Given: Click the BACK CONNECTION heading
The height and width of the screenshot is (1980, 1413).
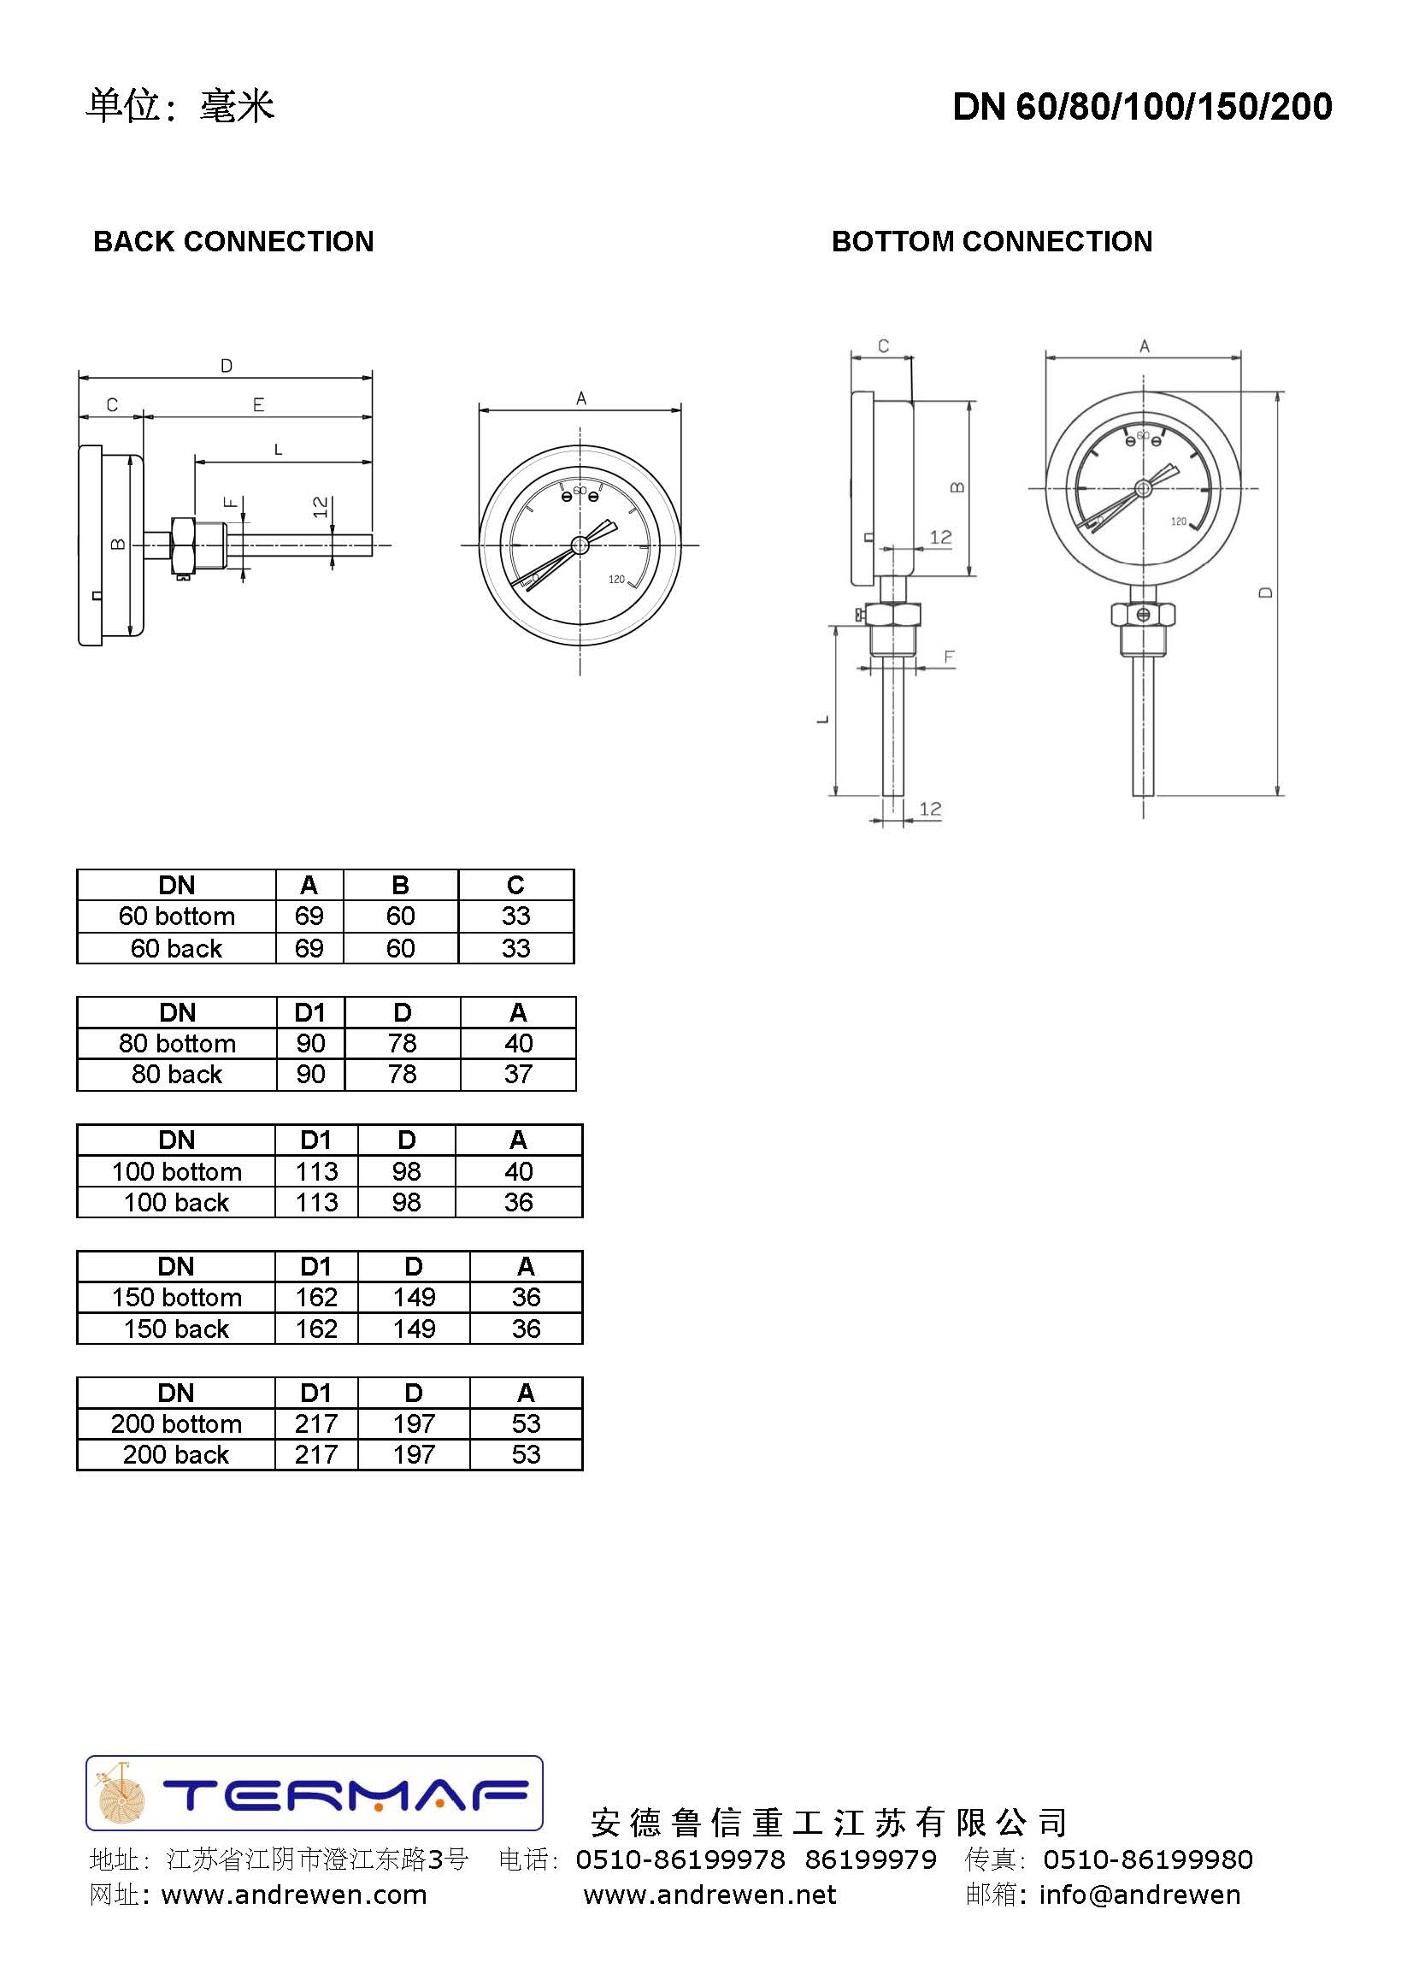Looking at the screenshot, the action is [233, 242].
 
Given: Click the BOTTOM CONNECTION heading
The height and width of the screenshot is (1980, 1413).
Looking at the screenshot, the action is [992, 242].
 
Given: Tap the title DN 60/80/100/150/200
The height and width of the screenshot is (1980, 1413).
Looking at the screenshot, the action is [1142, 106].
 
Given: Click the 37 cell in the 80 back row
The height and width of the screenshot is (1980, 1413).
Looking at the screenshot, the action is [519, 1075].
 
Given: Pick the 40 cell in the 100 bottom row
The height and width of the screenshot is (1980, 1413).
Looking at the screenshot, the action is [519, 1171].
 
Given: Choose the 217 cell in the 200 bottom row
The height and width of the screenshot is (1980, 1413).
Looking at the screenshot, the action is [315, 1423].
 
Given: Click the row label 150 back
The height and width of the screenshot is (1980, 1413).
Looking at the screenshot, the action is [176, 1329].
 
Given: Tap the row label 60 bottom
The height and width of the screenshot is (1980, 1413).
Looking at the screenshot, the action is [177, 916].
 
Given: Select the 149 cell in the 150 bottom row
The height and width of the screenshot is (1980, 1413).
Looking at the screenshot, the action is [414, 1297].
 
